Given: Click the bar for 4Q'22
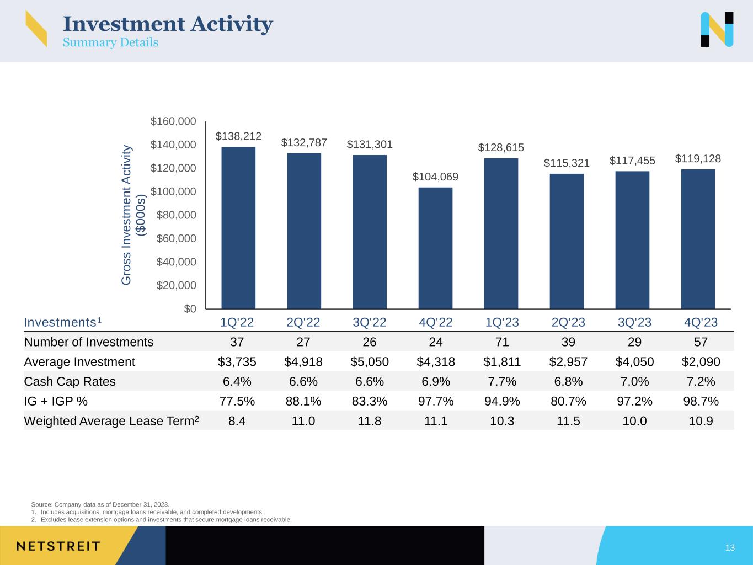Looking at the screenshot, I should coord(435,248).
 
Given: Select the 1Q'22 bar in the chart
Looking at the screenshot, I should coord(238,227).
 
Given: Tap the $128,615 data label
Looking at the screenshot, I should coord(501,147).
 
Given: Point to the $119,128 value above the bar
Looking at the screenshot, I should coord(698,159).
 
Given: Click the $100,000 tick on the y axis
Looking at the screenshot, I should coord(174,191).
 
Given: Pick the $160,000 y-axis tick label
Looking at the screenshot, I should coord(174,121).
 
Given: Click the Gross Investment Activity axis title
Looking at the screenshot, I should coord(133,215).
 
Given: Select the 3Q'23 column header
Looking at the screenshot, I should coord(634,322).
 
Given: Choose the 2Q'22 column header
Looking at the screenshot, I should coord(303,322).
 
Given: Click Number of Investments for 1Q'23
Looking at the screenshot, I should coord(502,342).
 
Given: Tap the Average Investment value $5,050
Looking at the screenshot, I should coord(370,362).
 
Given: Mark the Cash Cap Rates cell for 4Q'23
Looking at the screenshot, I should coord(701,382).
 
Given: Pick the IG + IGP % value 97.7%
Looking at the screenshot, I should coord(436,401).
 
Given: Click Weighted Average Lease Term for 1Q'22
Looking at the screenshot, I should coord(237,421).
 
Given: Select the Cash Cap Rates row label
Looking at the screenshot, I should coord(70,382).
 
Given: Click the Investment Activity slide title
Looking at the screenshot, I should coord(168,24).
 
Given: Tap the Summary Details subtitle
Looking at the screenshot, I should coord(110,42).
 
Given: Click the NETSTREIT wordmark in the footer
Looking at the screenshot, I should coord(58,546).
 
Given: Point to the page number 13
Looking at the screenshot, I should coord(730,548).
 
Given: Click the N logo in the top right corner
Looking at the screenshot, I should coord(717,29).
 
